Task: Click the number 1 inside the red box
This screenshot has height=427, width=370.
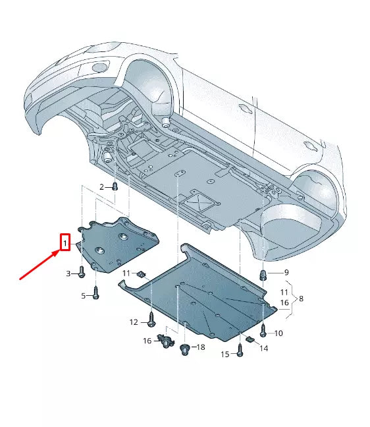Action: [x=65, y=244]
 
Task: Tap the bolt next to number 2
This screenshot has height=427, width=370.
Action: [x=115, y=187]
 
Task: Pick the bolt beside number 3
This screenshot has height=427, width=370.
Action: [x=81, y=271]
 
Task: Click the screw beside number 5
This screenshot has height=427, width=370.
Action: [x=96, y=293]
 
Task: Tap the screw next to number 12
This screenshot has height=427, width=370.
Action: [x=151, y=320]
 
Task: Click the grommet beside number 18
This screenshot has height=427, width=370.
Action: [x=185, y=349]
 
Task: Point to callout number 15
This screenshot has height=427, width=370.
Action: [x=225, y=355]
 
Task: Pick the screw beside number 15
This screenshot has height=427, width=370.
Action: [x=240, y=352]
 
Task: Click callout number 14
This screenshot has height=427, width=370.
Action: [x=264, y=348]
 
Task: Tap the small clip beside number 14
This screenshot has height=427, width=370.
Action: [x=250, y=339]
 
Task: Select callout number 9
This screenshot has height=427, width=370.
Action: [x=286, y=273]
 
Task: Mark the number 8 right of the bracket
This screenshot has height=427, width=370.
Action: [x=301, y=299]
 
